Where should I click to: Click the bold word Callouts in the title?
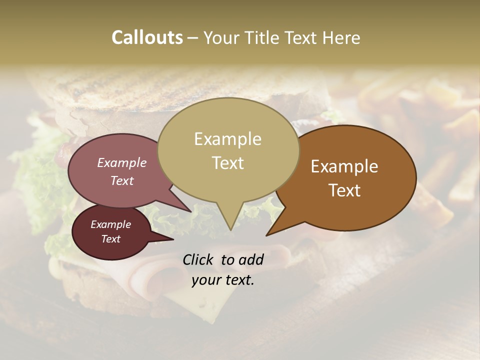pos(147,37)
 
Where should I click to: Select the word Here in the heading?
pos(341,37)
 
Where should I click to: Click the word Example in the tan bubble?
pos(227,139)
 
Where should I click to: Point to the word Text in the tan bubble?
pos(227,163)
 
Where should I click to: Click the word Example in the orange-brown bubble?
pos(344,166)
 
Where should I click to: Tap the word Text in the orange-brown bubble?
pos(344,190)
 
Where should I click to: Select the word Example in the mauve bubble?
pos(121,162)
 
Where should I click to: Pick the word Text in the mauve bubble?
pos(121,180)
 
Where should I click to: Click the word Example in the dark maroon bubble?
pos(110,224)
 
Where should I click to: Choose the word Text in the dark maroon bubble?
pos(110,239)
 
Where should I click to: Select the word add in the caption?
pos(251,259)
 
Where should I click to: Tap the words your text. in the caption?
pos(223,280)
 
